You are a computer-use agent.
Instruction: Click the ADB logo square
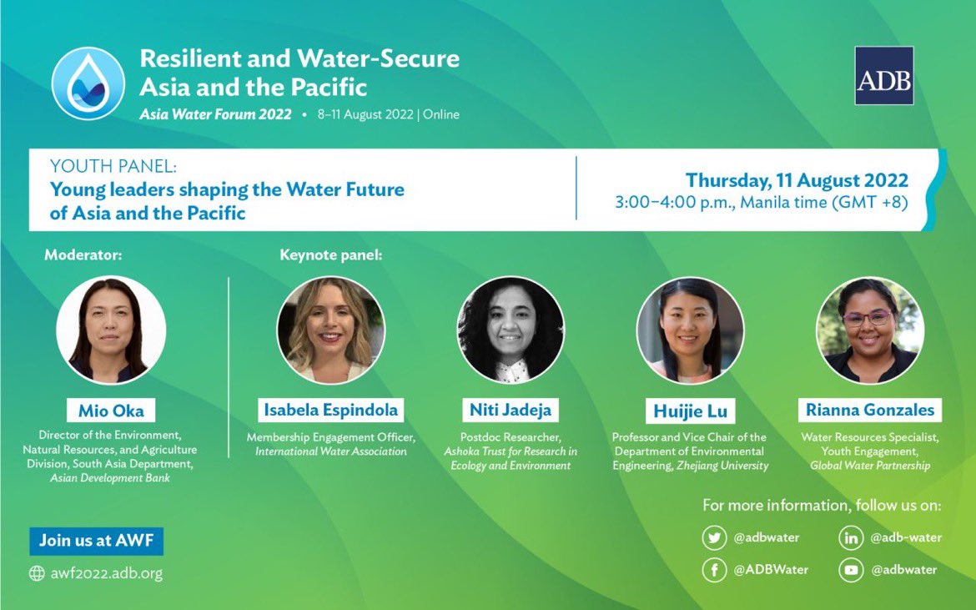point(883,76)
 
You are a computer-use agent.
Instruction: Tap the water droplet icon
point(88,83)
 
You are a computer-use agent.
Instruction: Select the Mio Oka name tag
point(111,411)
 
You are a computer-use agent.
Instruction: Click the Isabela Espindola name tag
point(331,410)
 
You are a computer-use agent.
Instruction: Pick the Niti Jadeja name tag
point(511,411)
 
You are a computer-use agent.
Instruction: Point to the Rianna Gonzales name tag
point(869,410)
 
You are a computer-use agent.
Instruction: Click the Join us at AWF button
point(96,541)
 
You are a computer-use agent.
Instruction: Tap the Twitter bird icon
point(713,538)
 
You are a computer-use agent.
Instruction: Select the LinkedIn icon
point(850,538)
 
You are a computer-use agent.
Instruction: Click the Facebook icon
point(713,570)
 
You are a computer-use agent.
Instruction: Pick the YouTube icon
point(850,570)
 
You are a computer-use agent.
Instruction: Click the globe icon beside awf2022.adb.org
point(37,573)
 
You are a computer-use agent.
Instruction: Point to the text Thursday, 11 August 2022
point(797,180)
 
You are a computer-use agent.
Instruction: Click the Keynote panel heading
point(331,255)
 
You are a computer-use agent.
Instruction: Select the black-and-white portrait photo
point(511,330)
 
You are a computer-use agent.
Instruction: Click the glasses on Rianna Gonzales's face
point(868,318)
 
